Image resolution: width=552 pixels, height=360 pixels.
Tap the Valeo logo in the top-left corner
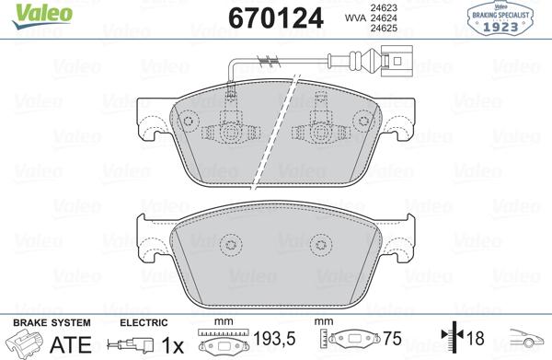click(30, 11)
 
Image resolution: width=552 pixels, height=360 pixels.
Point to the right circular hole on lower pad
click(318, 245)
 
